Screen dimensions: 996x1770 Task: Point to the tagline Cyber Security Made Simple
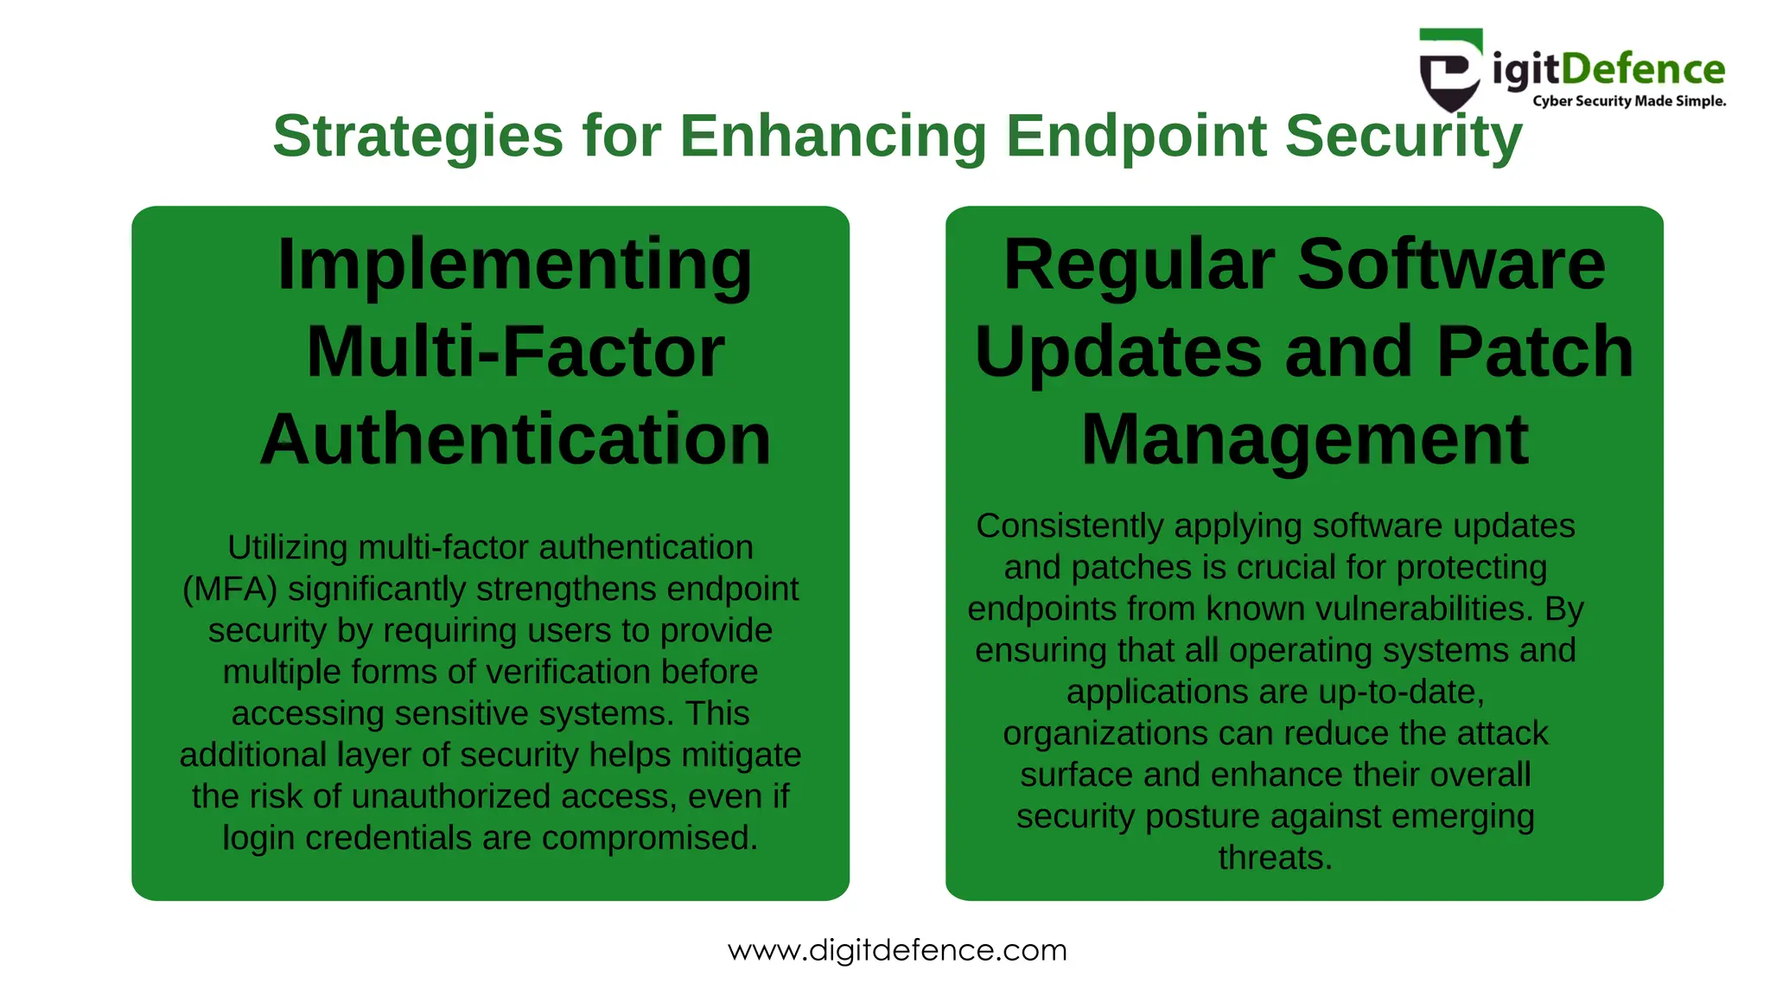(x=1629, y=101)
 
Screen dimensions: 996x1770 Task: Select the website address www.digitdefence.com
(x=897, y=950)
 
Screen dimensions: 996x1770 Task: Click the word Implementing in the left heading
(x=515, y=265)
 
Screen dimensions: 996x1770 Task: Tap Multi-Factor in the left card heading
(x=515, y=352)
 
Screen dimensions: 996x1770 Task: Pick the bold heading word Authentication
(x=515, y=439)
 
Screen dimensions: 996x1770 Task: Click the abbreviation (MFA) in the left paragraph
(x=230, y=590)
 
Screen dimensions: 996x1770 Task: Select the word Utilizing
(x=288, y=548)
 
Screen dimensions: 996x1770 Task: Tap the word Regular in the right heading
(x=1139, y=265)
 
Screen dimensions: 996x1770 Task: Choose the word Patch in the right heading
(x=1535, y=352)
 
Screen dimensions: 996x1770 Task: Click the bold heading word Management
(x=1304, y=439)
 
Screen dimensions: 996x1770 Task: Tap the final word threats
(x=1275, y=859)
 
